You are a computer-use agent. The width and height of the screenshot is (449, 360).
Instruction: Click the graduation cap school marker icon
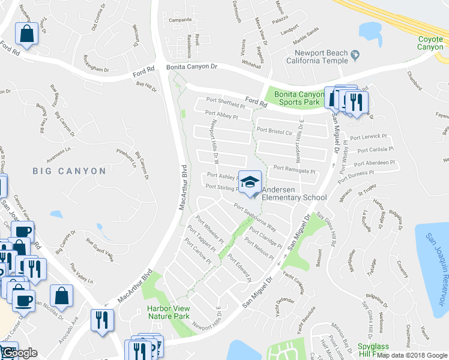250,181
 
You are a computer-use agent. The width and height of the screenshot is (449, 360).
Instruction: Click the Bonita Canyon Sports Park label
300,98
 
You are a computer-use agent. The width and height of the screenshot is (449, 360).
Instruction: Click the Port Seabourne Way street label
256,218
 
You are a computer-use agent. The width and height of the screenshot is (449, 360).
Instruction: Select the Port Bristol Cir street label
274,130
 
